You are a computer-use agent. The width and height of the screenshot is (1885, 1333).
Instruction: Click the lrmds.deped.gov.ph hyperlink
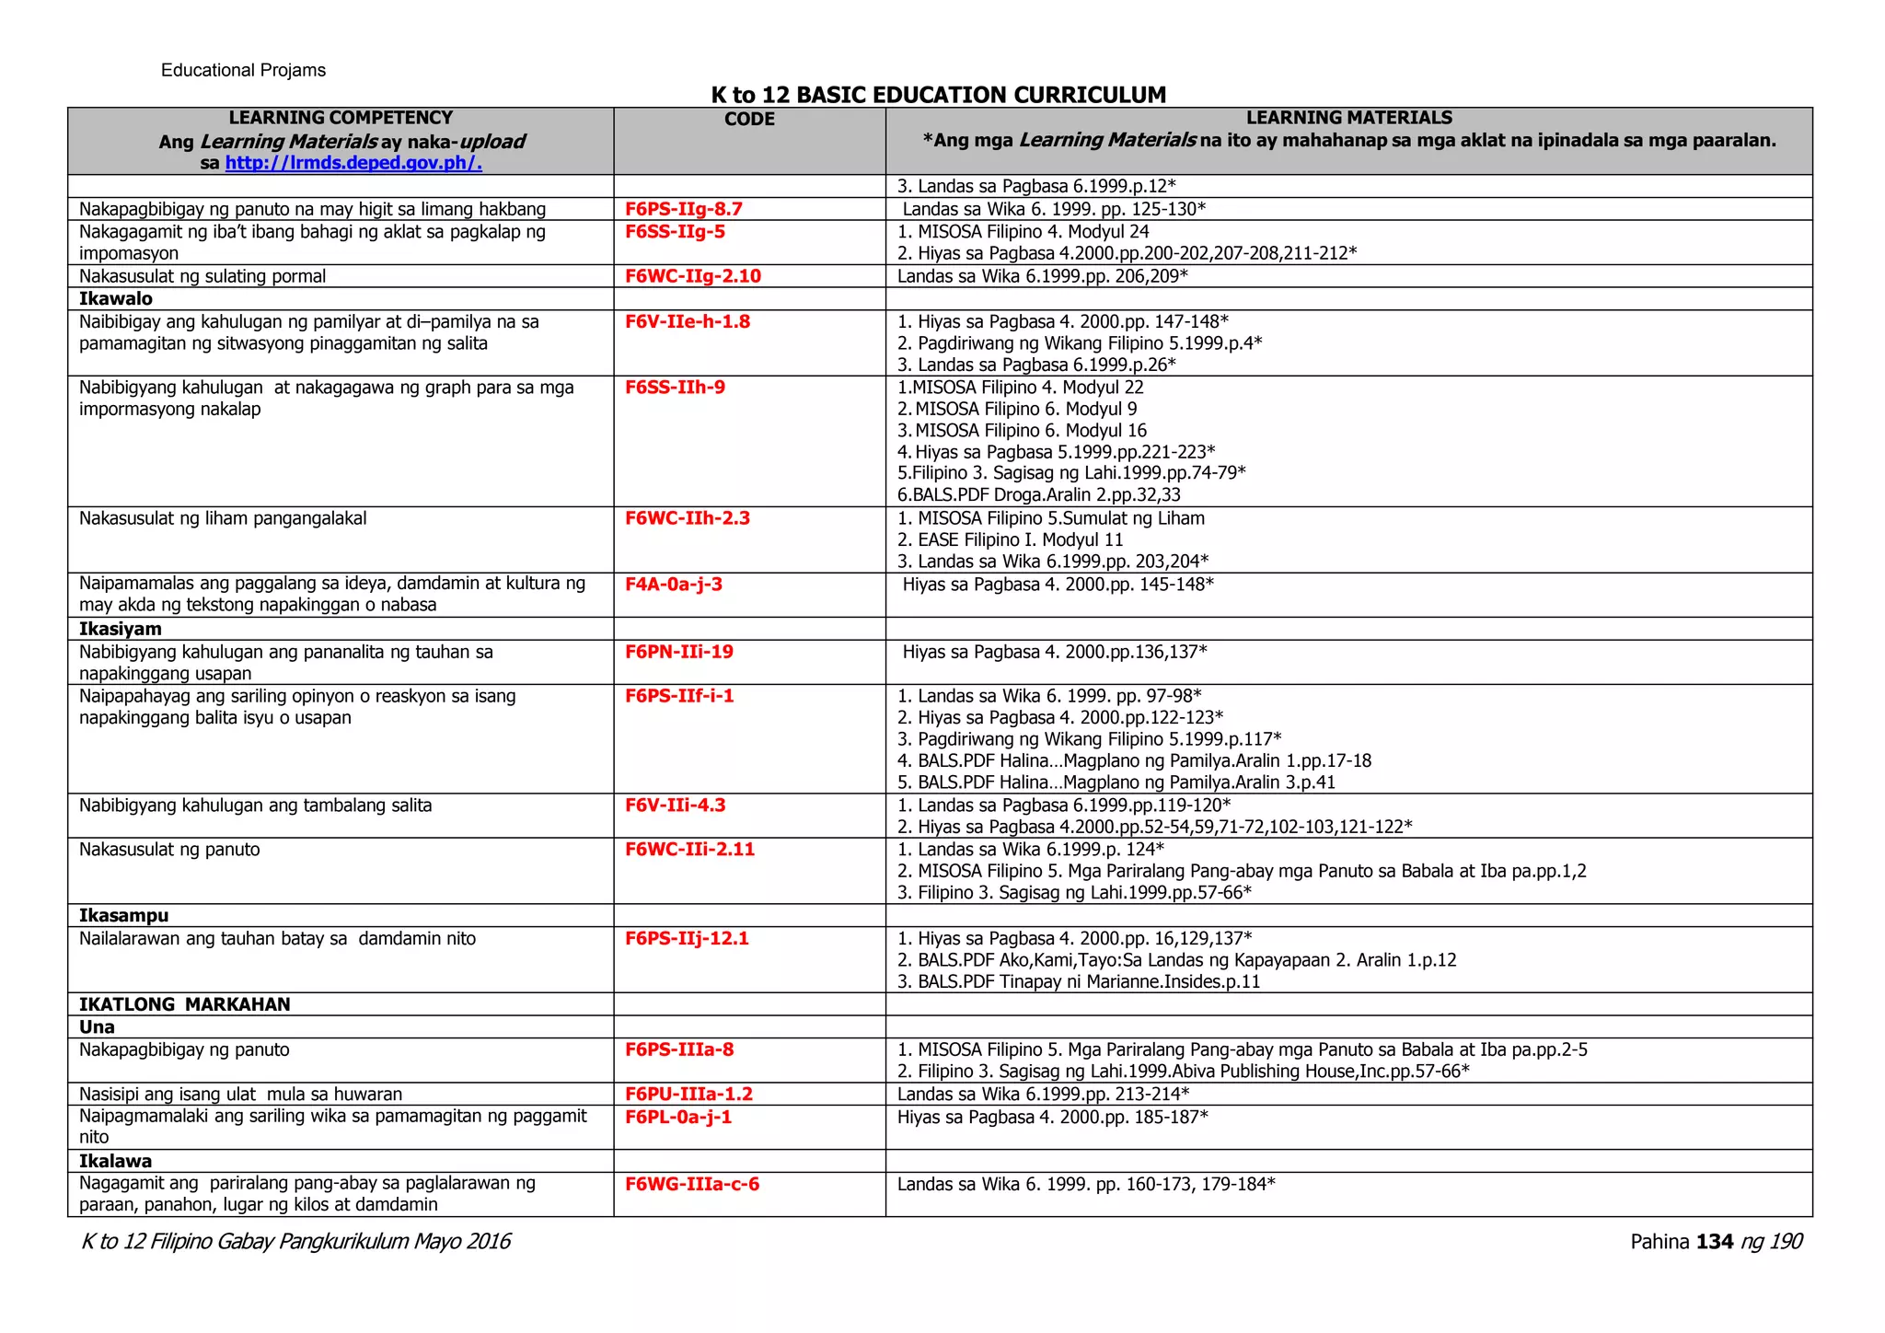pos(353,164)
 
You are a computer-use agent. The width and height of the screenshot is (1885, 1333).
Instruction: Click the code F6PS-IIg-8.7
pos(684,209)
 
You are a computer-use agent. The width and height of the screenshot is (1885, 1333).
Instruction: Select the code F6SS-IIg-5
pos(675,232)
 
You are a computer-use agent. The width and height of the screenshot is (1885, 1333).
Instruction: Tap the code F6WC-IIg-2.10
pos(693,276)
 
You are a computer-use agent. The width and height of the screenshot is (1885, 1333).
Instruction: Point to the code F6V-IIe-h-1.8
pos(688,321)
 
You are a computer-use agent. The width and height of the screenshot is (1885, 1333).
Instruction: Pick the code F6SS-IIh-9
pos(675,388)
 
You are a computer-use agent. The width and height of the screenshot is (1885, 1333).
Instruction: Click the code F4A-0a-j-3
pos(674,584)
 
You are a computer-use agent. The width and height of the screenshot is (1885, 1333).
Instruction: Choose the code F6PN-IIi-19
pos(679,652)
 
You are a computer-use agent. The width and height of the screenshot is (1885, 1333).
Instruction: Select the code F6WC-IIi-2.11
pos(689,849)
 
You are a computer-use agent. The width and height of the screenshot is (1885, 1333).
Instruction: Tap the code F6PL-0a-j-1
pos(678,1117)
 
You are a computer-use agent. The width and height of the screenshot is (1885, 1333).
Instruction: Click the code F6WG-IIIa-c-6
pos(692,1184)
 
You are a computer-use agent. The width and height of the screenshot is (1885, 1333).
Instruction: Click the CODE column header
pos(749,120)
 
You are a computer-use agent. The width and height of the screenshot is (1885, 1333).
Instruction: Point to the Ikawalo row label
pos(116,299)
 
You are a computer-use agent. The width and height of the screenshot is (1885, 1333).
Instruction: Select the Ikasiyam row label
pos(121,629)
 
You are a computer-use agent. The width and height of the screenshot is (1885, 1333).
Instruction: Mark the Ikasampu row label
pos(124,915)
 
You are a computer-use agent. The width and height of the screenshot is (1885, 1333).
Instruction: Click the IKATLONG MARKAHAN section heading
pos(185,1004)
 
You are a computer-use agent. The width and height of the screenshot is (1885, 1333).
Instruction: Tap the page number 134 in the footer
pos(1715,1242)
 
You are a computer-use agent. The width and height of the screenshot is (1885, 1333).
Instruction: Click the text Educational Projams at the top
pos(243,71)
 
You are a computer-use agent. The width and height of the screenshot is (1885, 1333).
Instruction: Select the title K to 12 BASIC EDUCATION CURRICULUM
pos(938,95)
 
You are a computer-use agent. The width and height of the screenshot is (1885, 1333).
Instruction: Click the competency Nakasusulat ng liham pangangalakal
pos(223,518)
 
